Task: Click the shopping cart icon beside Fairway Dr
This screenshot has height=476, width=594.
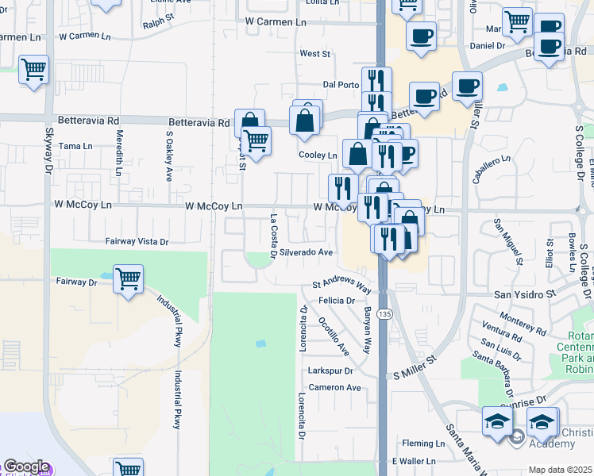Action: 128,279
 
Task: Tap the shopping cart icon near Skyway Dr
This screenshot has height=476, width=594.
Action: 34,70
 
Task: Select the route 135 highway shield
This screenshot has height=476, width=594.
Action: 385,315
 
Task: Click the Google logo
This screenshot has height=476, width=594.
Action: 26,467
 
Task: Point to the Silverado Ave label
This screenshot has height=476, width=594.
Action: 306,252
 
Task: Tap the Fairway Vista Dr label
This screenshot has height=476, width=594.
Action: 137,241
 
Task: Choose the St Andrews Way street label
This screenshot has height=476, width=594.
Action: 341,284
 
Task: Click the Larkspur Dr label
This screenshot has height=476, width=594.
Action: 330,370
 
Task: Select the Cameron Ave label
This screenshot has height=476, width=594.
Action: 335,387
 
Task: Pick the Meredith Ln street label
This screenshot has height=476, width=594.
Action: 119,152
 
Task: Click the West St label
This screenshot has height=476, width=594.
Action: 314,54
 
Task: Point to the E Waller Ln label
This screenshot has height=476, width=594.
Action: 413,461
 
